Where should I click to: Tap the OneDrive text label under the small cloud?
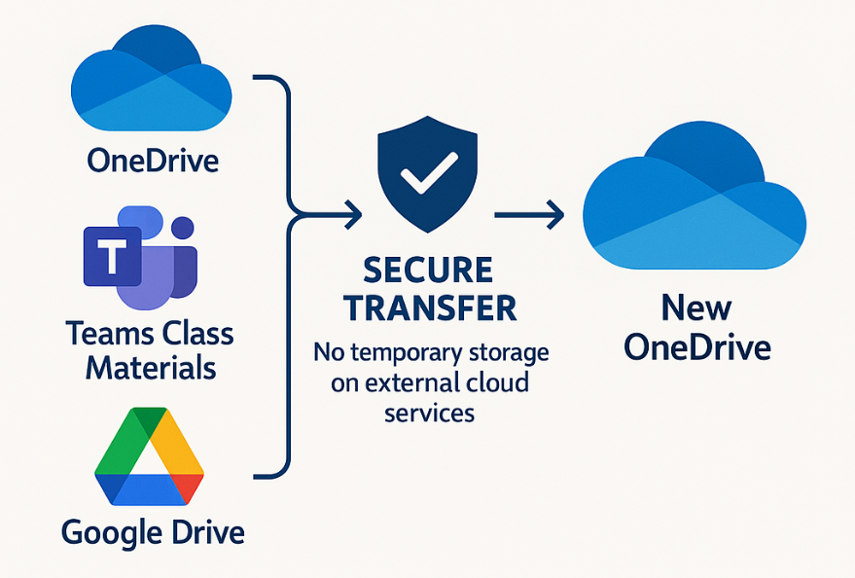(152, 159)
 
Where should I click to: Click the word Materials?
(151, 368)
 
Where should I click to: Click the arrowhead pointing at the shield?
(352, 211)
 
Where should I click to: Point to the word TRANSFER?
(429, 307)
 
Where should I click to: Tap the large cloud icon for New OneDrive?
(694, 199)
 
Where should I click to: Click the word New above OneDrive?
(696, 308)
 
